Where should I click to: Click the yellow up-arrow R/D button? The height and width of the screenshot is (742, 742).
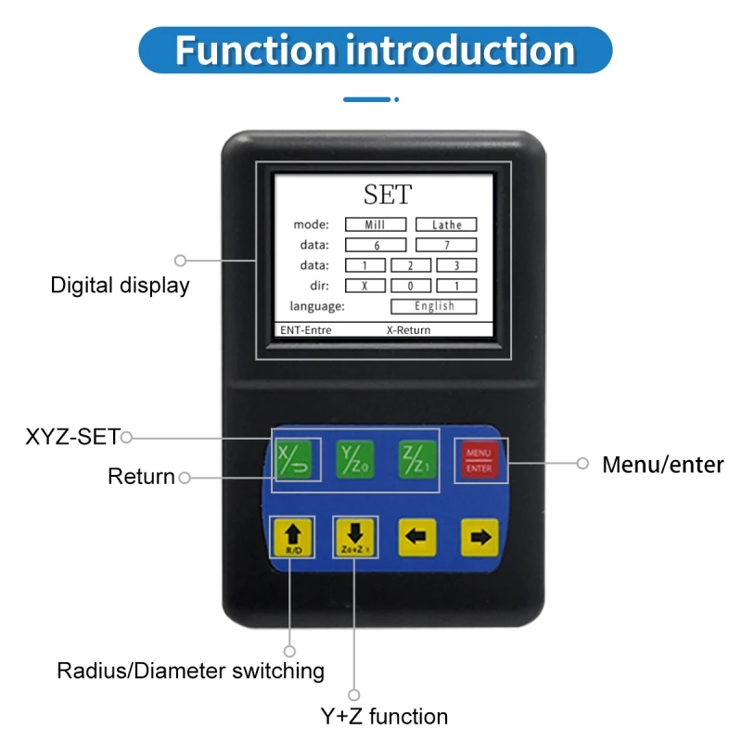tap(293, 537)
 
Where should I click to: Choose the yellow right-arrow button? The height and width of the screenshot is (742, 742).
tap(480, 537)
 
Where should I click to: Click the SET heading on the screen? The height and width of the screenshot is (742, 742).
tap(388, 195)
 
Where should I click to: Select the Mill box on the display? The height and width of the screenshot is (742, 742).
tap(376, 224)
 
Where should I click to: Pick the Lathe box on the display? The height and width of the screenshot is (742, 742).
tap(446, 224)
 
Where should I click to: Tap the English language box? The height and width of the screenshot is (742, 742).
tap(434, 306)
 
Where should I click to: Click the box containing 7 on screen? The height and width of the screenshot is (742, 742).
tap(446, 245)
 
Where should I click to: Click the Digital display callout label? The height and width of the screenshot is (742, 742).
tap(120, 285)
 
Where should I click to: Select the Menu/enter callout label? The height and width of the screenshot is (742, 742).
tap(662, 465)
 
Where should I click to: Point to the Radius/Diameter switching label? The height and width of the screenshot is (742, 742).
tap(190, 670)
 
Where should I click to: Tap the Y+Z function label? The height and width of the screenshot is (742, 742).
tap(383, 716)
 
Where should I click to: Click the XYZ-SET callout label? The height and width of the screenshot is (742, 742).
tap(72, 437)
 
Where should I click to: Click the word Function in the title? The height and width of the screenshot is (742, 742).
tap(256, 49)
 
